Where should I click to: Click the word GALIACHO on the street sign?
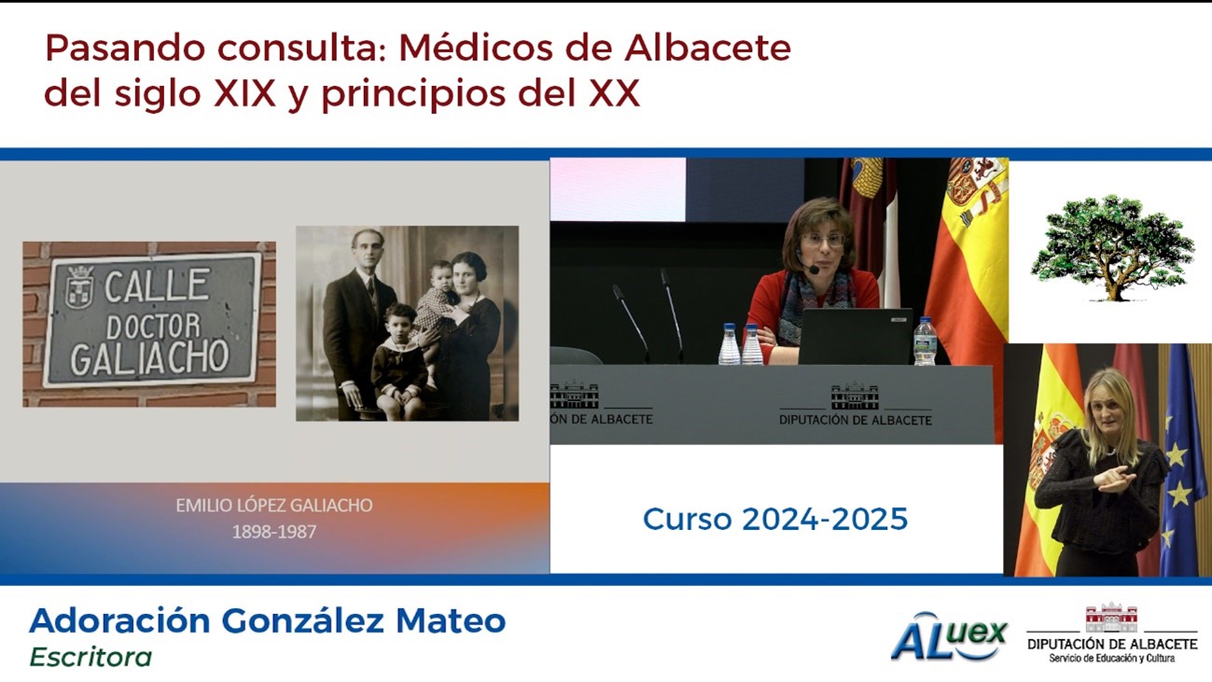[150, 357]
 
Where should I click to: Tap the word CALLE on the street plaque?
[157, 285]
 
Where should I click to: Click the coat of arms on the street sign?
[79, 287]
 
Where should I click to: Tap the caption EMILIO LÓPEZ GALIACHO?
[273, 505]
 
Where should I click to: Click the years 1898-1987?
[273, 532]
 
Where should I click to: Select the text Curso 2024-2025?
[774, 519]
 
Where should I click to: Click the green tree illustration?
[1112, 248]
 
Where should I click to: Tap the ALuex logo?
[949, 636]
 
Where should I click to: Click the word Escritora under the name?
[91, 657]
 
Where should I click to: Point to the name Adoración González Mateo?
[267, 620]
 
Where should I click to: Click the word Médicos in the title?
[475, 48]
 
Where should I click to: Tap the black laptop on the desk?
[856, 337]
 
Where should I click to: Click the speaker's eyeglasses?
[822, 240]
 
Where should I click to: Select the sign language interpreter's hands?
[1115, 480]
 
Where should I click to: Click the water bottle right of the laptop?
[925, 341]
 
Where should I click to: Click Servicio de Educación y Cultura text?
[1112, 658]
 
